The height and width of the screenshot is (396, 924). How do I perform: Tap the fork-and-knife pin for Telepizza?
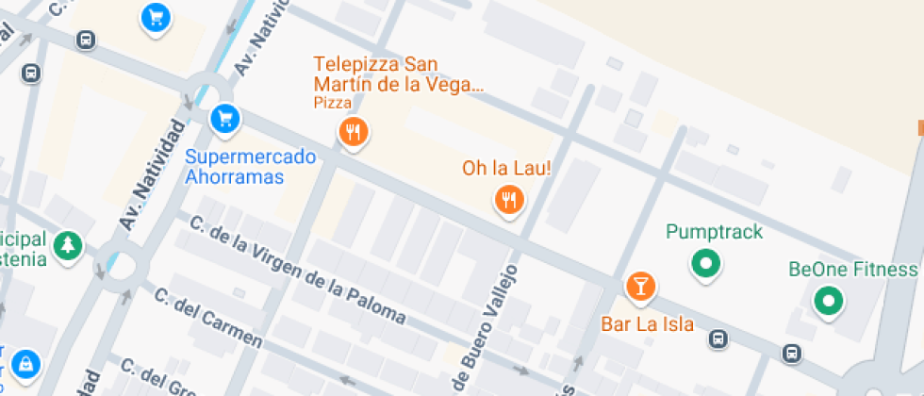point(354,132)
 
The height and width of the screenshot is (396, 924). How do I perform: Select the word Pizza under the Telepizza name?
point(333,103)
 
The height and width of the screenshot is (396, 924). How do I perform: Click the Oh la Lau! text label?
point(506,168)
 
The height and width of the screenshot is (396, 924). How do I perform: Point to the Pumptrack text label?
point(714,231)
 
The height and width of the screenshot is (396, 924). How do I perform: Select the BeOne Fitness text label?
point(852,270)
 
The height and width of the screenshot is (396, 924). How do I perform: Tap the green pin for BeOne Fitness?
point(829,302)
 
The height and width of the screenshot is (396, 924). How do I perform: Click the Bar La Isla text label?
point(648,324)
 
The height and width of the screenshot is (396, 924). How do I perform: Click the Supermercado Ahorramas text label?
point(250,167)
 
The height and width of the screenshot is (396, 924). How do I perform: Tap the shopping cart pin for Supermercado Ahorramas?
point(224,118)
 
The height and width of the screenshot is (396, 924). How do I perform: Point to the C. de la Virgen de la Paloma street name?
point(298,271)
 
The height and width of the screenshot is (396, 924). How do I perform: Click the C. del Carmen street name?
point(207,318)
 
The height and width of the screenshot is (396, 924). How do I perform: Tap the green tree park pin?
point(67,246)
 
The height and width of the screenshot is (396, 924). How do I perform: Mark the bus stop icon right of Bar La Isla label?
point(718,338)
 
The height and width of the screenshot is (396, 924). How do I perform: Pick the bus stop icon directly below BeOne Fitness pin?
point(792,353)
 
